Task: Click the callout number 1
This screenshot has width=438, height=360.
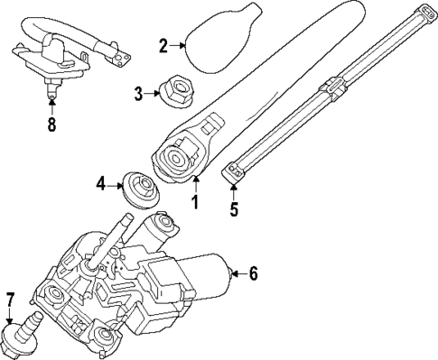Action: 193,202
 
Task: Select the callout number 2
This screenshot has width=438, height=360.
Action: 163,45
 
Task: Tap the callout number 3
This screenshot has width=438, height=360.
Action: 137,92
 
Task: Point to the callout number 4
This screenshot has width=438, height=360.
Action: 100,187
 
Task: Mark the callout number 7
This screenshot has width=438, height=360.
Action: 11,299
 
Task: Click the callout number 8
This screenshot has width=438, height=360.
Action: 51,125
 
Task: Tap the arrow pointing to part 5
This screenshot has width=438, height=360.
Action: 234,190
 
